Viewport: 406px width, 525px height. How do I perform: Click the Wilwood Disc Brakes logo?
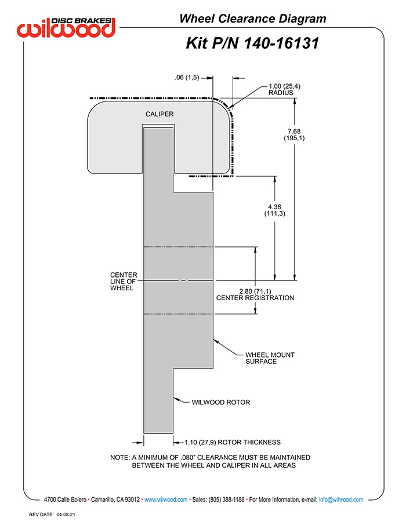[x=66, y=27]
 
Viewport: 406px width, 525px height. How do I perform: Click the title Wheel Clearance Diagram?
[x=253, y=19]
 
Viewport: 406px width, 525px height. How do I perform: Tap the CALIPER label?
[x=159, y=114]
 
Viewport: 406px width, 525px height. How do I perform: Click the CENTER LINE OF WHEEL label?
[x=124, y=281]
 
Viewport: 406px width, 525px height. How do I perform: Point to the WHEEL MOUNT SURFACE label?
[x=270, y=358]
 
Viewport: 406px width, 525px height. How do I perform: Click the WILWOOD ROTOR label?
[x=221, y=402]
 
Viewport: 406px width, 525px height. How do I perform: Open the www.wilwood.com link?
[x=166, y=500]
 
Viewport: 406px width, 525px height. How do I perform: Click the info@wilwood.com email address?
[x=341, y=500]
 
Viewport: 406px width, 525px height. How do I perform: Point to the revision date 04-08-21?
[x=66, y=515]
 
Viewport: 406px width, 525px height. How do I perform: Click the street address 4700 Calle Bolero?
[x=65, y=500]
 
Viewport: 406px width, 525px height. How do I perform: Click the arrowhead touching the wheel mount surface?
[x=216, y=341]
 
